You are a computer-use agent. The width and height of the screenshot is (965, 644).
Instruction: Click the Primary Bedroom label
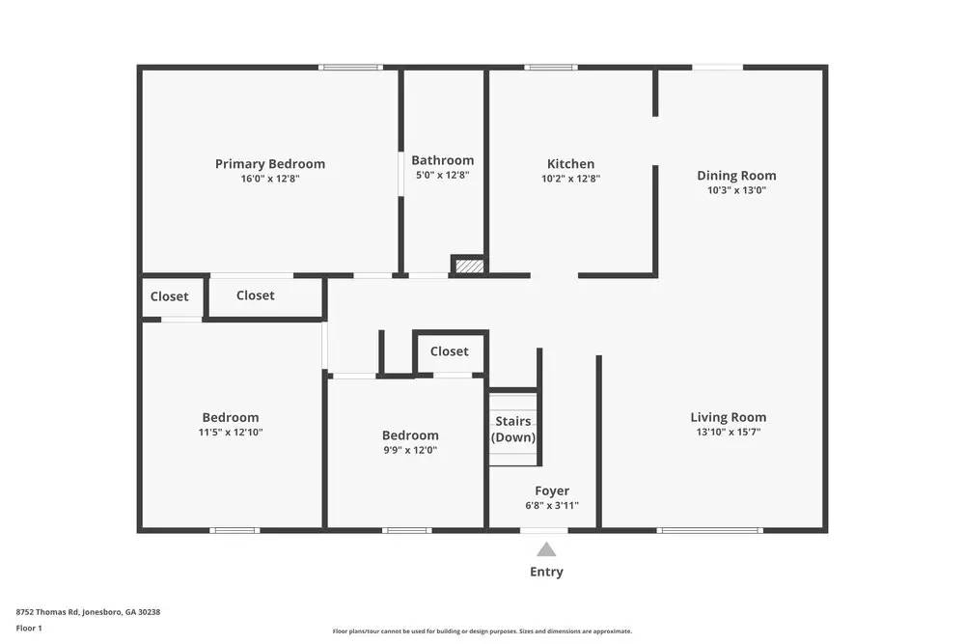point(269,164)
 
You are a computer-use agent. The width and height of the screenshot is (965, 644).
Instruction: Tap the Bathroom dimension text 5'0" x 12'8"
point(442,176)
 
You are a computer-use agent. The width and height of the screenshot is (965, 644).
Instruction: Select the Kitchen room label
point(570,164)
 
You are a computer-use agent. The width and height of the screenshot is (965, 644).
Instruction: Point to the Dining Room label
point(736,176)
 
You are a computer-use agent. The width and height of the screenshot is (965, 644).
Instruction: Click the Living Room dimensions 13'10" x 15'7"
point(728,433)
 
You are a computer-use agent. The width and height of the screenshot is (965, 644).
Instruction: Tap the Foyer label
point(552,490)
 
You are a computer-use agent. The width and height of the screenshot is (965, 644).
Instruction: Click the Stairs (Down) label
point(513,430)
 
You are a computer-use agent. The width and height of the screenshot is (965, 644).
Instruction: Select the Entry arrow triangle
point(546,549)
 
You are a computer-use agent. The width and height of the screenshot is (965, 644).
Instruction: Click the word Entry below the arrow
point(546,572)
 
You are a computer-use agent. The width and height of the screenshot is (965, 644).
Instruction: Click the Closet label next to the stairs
point(449,351)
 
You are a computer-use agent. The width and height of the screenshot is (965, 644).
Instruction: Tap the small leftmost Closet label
point(170,296)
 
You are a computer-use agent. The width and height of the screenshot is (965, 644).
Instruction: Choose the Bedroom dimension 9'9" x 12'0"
point(410,450)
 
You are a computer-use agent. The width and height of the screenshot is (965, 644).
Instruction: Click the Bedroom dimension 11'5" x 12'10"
point(231,433)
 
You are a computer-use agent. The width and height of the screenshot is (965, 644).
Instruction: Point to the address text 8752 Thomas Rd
point(88,611)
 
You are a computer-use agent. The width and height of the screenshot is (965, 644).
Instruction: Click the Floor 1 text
point(29,628)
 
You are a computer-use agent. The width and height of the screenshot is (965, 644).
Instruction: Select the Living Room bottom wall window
point(709,529)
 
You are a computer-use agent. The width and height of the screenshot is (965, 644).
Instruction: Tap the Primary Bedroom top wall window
point(350,67)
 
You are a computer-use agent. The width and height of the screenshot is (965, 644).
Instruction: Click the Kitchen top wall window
point(550,67)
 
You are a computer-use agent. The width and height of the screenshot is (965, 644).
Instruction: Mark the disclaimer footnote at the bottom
point(482,631)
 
